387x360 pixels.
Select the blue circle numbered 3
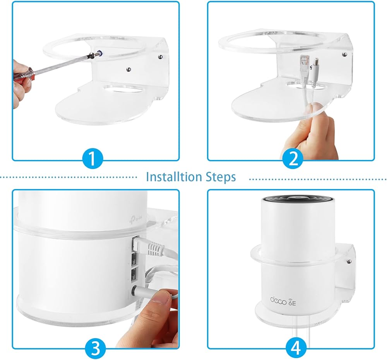tap(96, 348)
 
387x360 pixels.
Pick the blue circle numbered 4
tap(296, 348)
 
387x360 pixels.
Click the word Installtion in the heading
tap(170, 177)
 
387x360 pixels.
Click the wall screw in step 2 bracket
tap(344, 54)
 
